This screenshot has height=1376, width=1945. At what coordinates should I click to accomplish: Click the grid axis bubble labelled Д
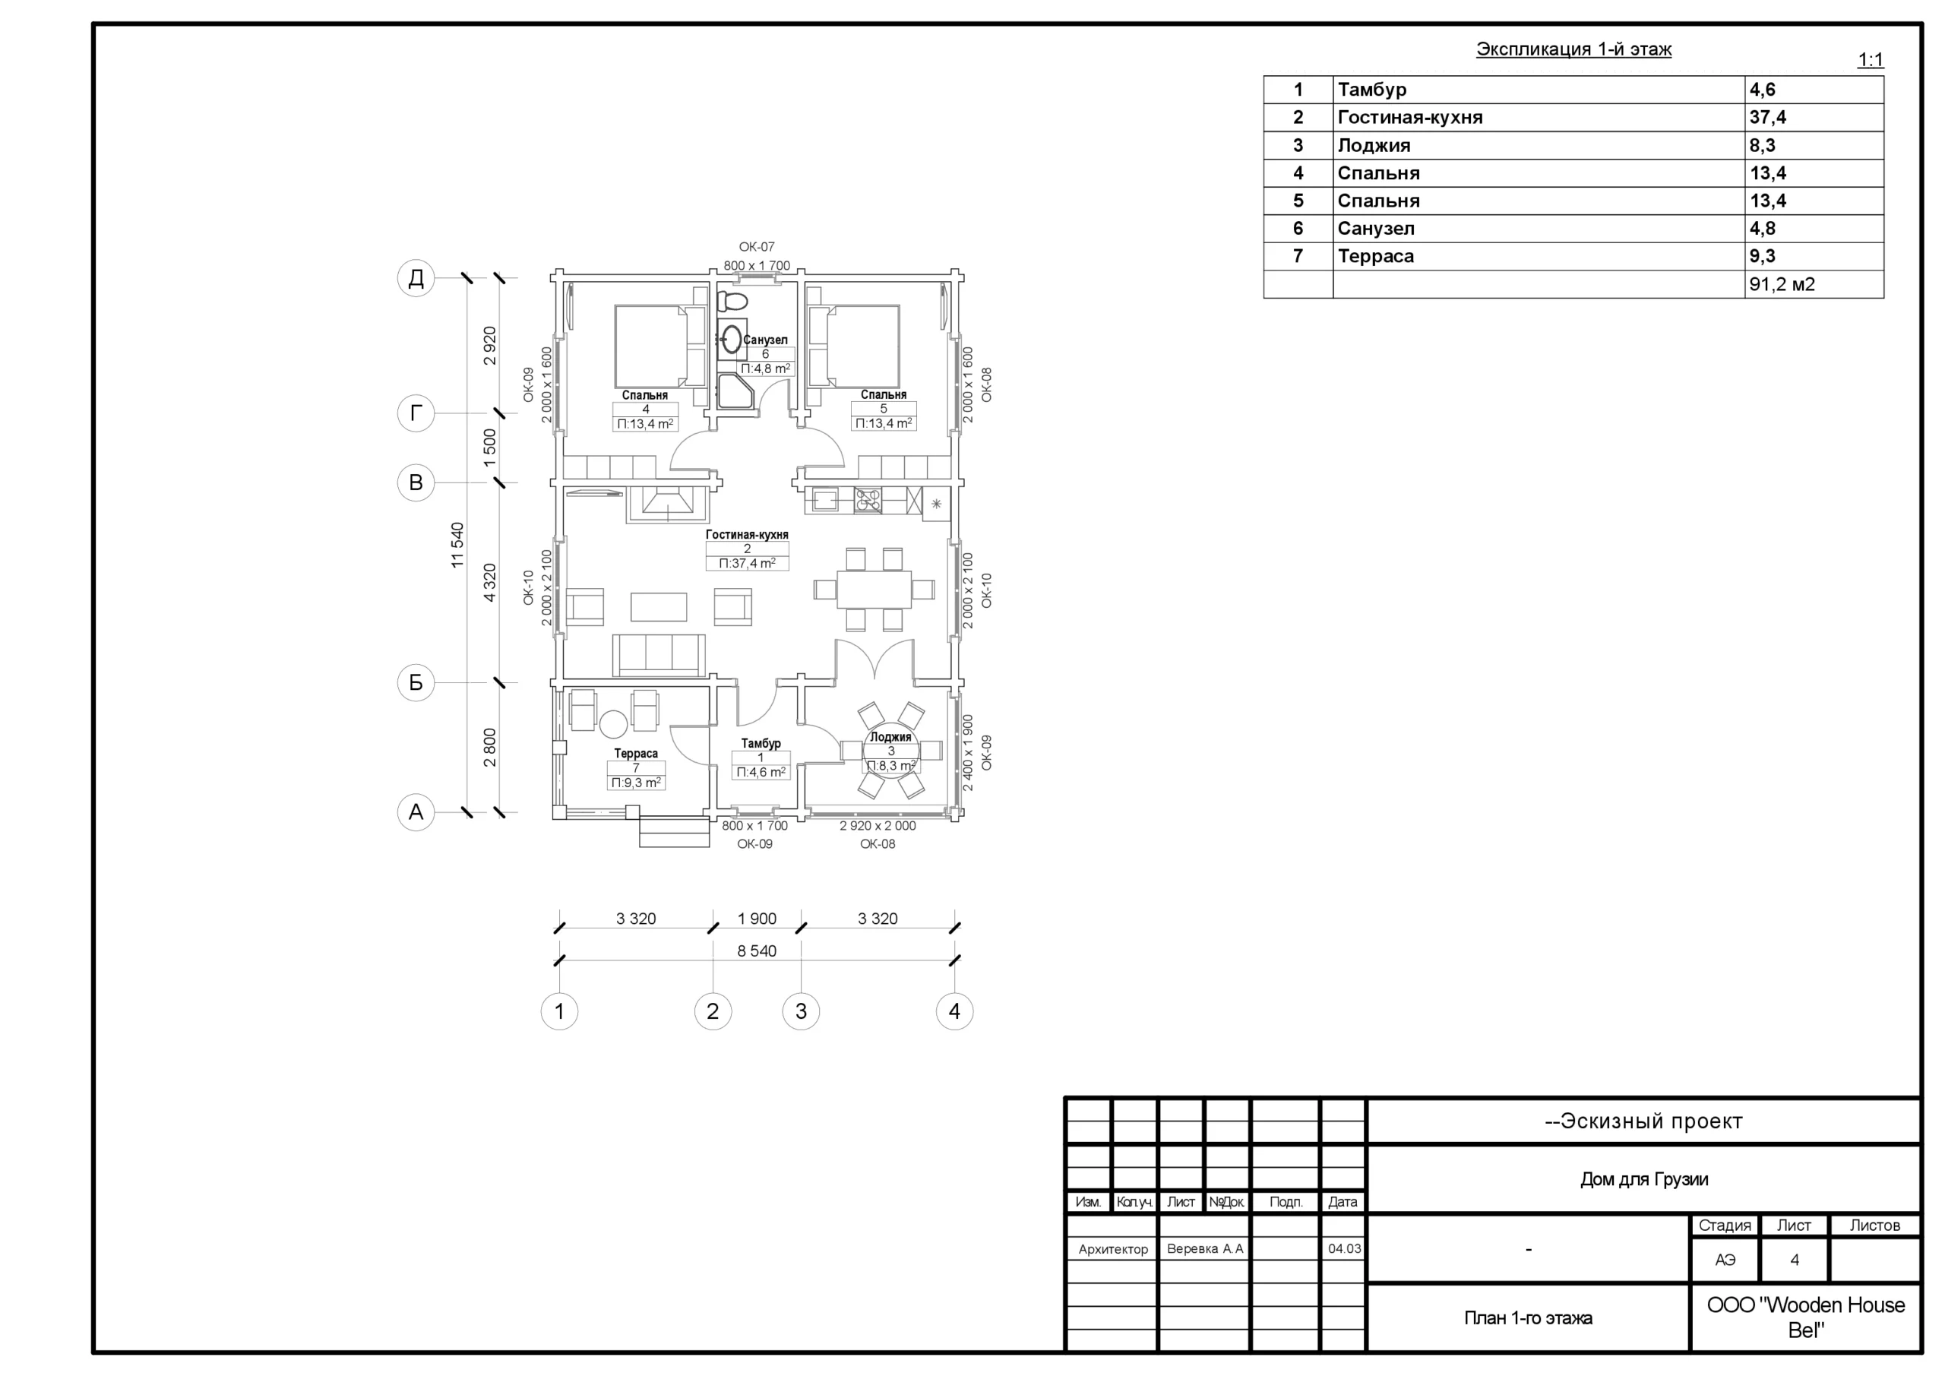pyautogui.click(x=416, y=278)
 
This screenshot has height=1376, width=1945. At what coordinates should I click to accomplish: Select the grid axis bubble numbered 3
pyautogui.click(x=801, y=1011)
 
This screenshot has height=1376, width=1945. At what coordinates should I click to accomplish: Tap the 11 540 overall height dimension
pyautogui.click(x=457, y=545)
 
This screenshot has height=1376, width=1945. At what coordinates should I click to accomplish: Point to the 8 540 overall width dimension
pyautogui.click(x=757, y=951)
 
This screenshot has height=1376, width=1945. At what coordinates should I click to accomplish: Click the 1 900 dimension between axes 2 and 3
pyautogui.click(x=757, y=919)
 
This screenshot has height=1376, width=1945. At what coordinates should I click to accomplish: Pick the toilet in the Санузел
pyautogui.click(x=732, y=301)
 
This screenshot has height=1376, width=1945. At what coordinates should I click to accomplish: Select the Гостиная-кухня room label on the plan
pyautogui.click(x=747, y=535)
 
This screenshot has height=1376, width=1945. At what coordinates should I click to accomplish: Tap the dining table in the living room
pyautogui.click(x=874, y=590)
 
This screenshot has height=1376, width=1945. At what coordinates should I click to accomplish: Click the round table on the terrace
pyautogui.click(x=613, y=724)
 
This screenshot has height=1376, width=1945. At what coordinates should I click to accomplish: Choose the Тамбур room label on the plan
pyautogui.click(x=761, y=743)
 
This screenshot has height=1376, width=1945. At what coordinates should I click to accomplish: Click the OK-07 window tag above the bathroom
pyautogui.click(x=757, y=247)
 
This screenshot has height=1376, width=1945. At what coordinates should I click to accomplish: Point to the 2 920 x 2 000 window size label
pyautogui.click(x=878, y=825)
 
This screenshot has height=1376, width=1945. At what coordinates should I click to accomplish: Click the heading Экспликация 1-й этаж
pyautogui.click(x=1574, y=49)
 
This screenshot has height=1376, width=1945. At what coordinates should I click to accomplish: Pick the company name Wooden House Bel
pyautogui.click(x=1805, y=1317)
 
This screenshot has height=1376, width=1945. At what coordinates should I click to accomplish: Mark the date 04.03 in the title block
pyautogui.click(x=1344, y=1248)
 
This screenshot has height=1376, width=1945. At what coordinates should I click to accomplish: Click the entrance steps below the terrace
pyautogui.click(x=675, y=832)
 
